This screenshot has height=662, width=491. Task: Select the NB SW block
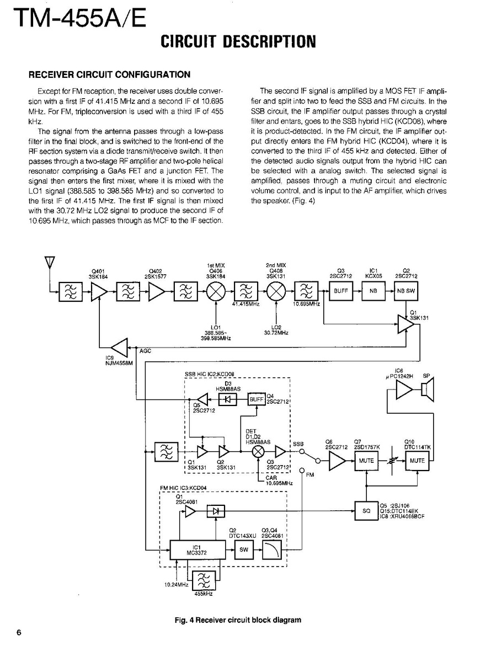(x=405, y=291)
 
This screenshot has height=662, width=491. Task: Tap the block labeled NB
(x=372, y=291)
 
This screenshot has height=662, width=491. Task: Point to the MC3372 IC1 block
(x=197, y=549)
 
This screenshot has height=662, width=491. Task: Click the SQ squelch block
(x=366, y=511)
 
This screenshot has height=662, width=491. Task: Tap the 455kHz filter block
(x=204, y=580)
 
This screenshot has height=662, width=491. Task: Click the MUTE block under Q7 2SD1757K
(x=366, y=461)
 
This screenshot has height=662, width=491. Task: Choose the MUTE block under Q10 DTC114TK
(x=417, y=461)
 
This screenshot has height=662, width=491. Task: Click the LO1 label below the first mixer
(x=216, y=327)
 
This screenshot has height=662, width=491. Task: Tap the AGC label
(x=145, y=351)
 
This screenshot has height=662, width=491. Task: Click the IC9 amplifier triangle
(x=119, y=348)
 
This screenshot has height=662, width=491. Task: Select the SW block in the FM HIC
(x=243, y=549)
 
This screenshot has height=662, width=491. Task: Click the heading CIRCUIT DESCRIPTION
(x=238, y=41)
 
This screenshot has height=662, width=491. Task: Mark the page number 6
(x=19, y=632)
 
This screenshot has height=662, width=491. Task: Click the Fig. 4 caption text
(x=238, y=620)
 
